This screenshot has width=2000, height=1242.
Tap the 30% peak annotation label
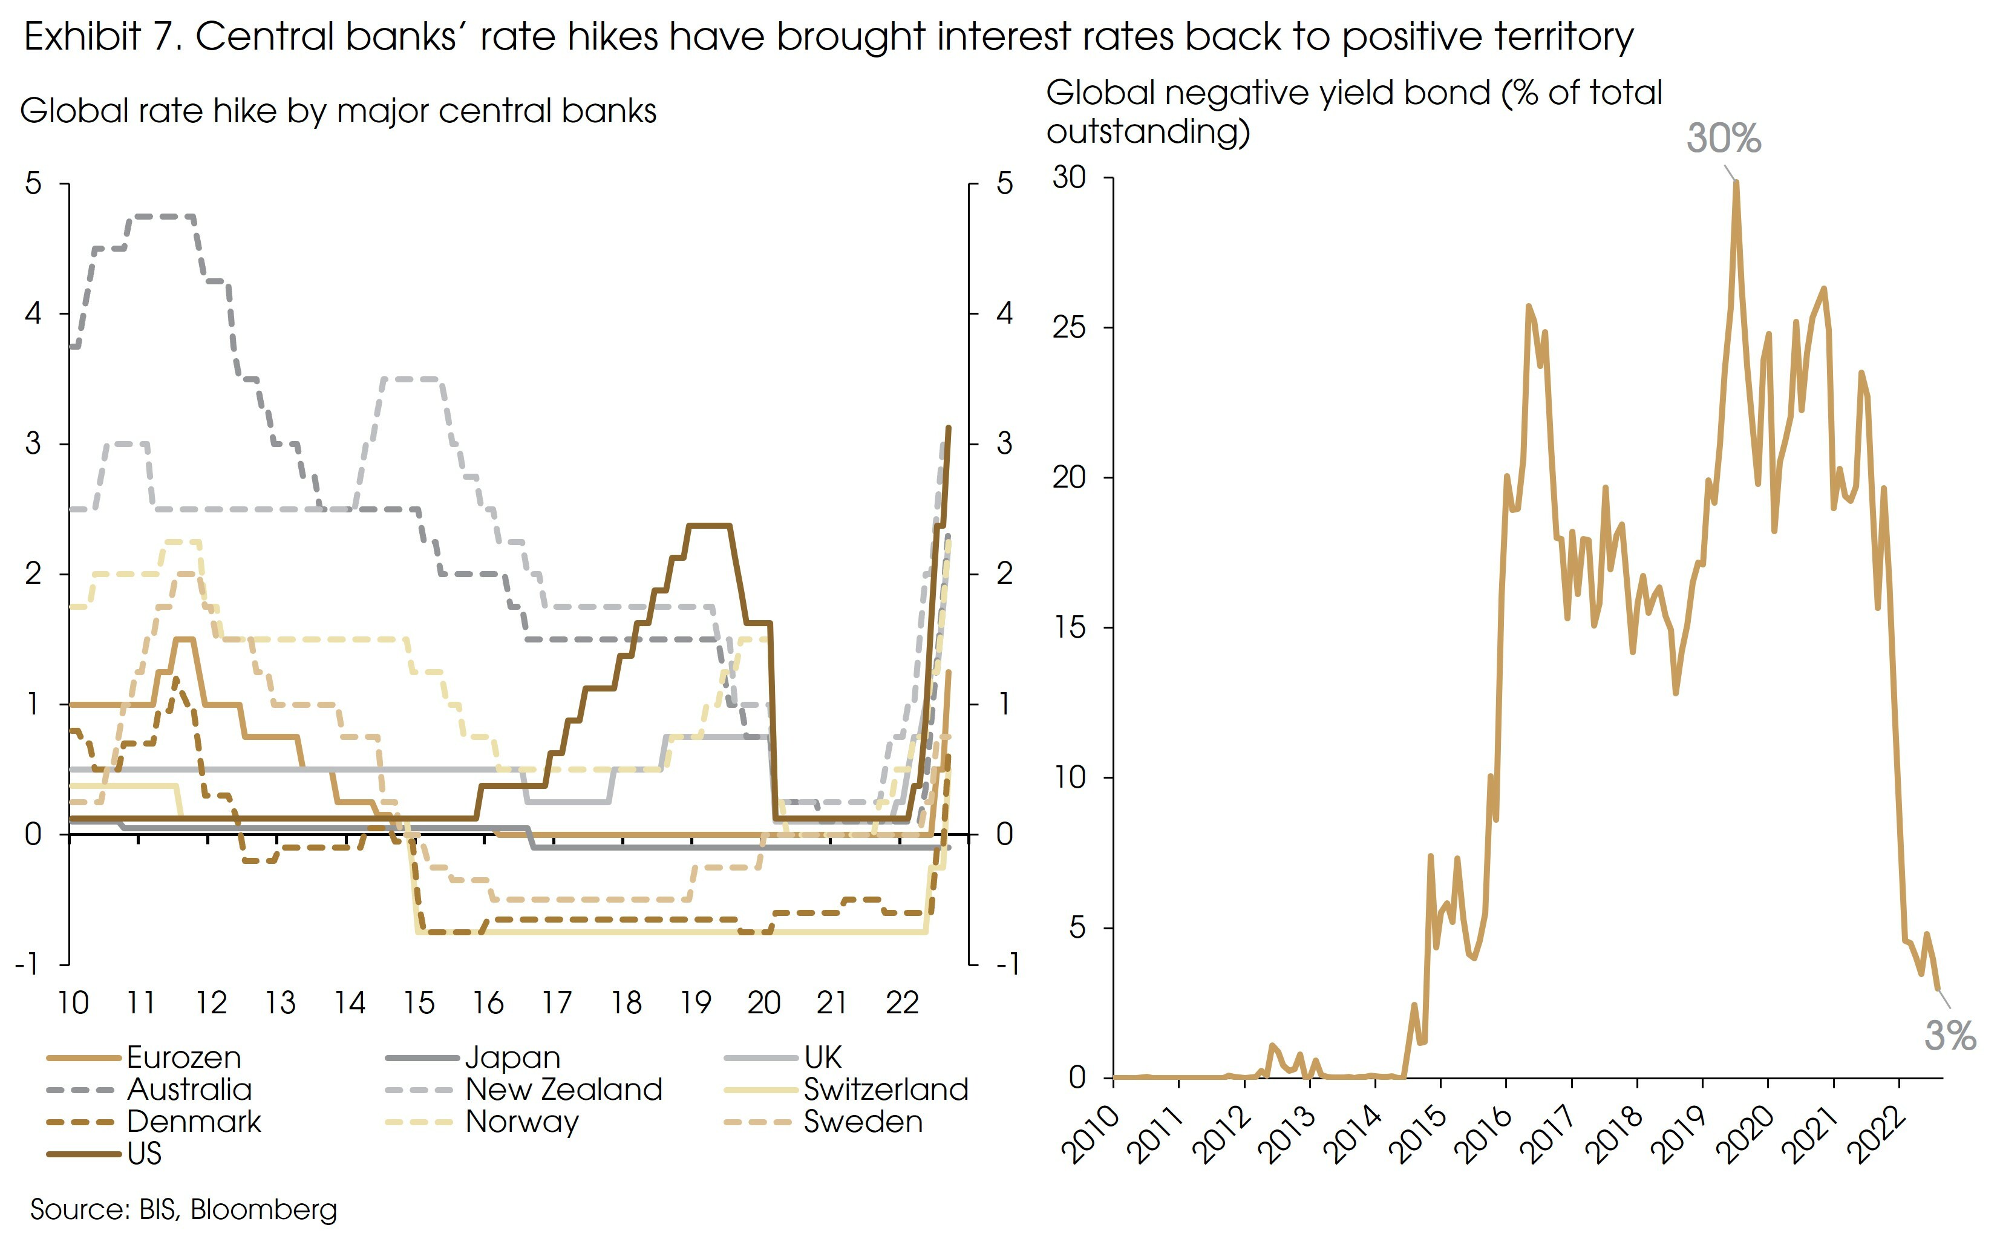pyautogui.click(x=1723, y=139)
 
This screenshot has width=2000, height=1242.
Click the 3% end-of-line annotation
pyautogui.click(x=1949, y=1036)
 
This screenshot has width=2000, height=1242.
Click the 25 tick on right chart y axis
pyautogui.click(x=1070, y=328)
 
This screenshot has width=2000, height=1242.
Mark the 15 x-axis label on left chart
pyautogui.click(x=418, y=1003)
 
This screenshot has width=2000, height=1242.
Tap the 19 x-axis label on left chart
pyautogui.click(x=695, y=1003)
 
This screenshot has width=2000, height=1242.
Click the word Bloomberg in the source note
pyautogui.click(x=264, y=1209)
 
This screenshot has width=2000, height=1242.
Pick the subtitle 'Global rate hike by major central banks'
pyautogui.click(x=338, y=111)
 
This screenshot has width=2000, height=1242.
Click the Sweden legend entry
pyautogui.click(x=863, y=1121)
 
